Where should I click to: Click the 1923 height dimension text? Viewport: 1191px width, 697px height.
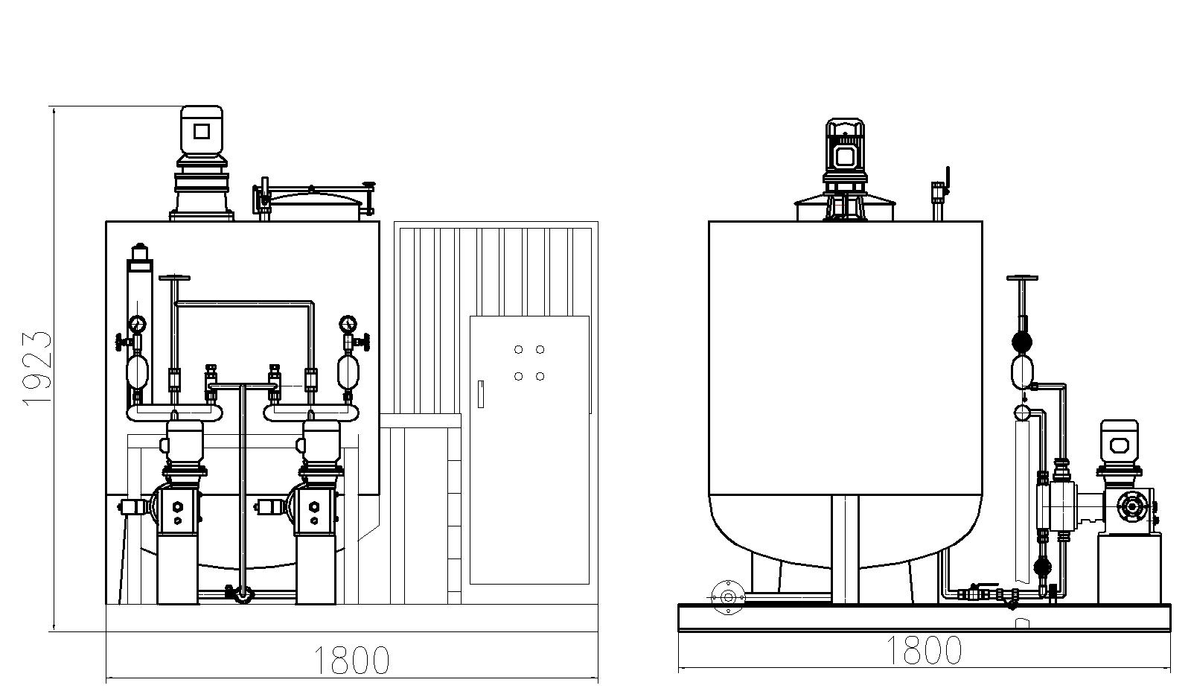[x=37, y=369]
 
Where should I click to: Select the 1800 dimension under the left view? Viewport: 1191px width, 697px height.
[x=351, y=661]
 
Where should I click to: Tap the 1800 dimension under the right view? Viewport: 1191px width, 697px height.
[x=924, y=650]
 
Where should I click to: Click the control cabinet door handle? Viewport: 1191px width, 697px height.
[x=481, y=394]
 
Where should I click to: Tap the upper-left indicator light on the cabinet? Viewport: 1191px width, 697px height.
[x=518, y=349]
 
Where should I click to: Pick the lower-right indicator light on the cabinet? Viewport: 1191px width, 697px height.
[x=540, y=376]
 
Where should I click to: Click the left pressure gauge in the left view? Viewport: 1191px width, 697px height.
[x=137, y=323]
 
